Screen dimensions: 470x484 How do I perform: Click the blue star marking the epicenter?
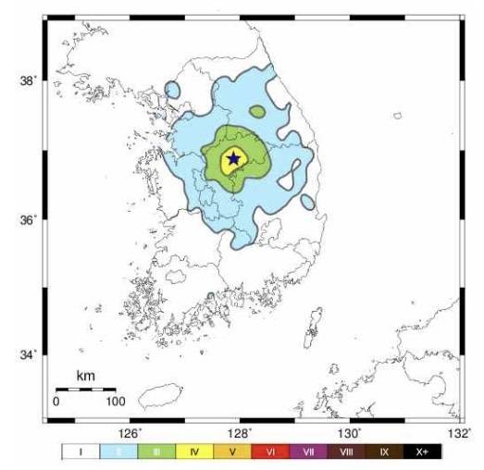[x=233, y=159]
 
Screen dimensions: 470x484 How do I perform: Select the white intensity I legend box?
[x=81, y=452]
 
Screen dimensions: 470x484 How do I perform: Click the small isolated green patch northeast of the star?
[x=257, y=111]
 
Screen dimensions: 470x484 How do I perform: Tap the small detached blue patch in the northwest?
[x=172, y=91]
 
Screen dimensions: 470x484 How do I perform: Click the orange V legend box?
[x=232, y=452]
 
